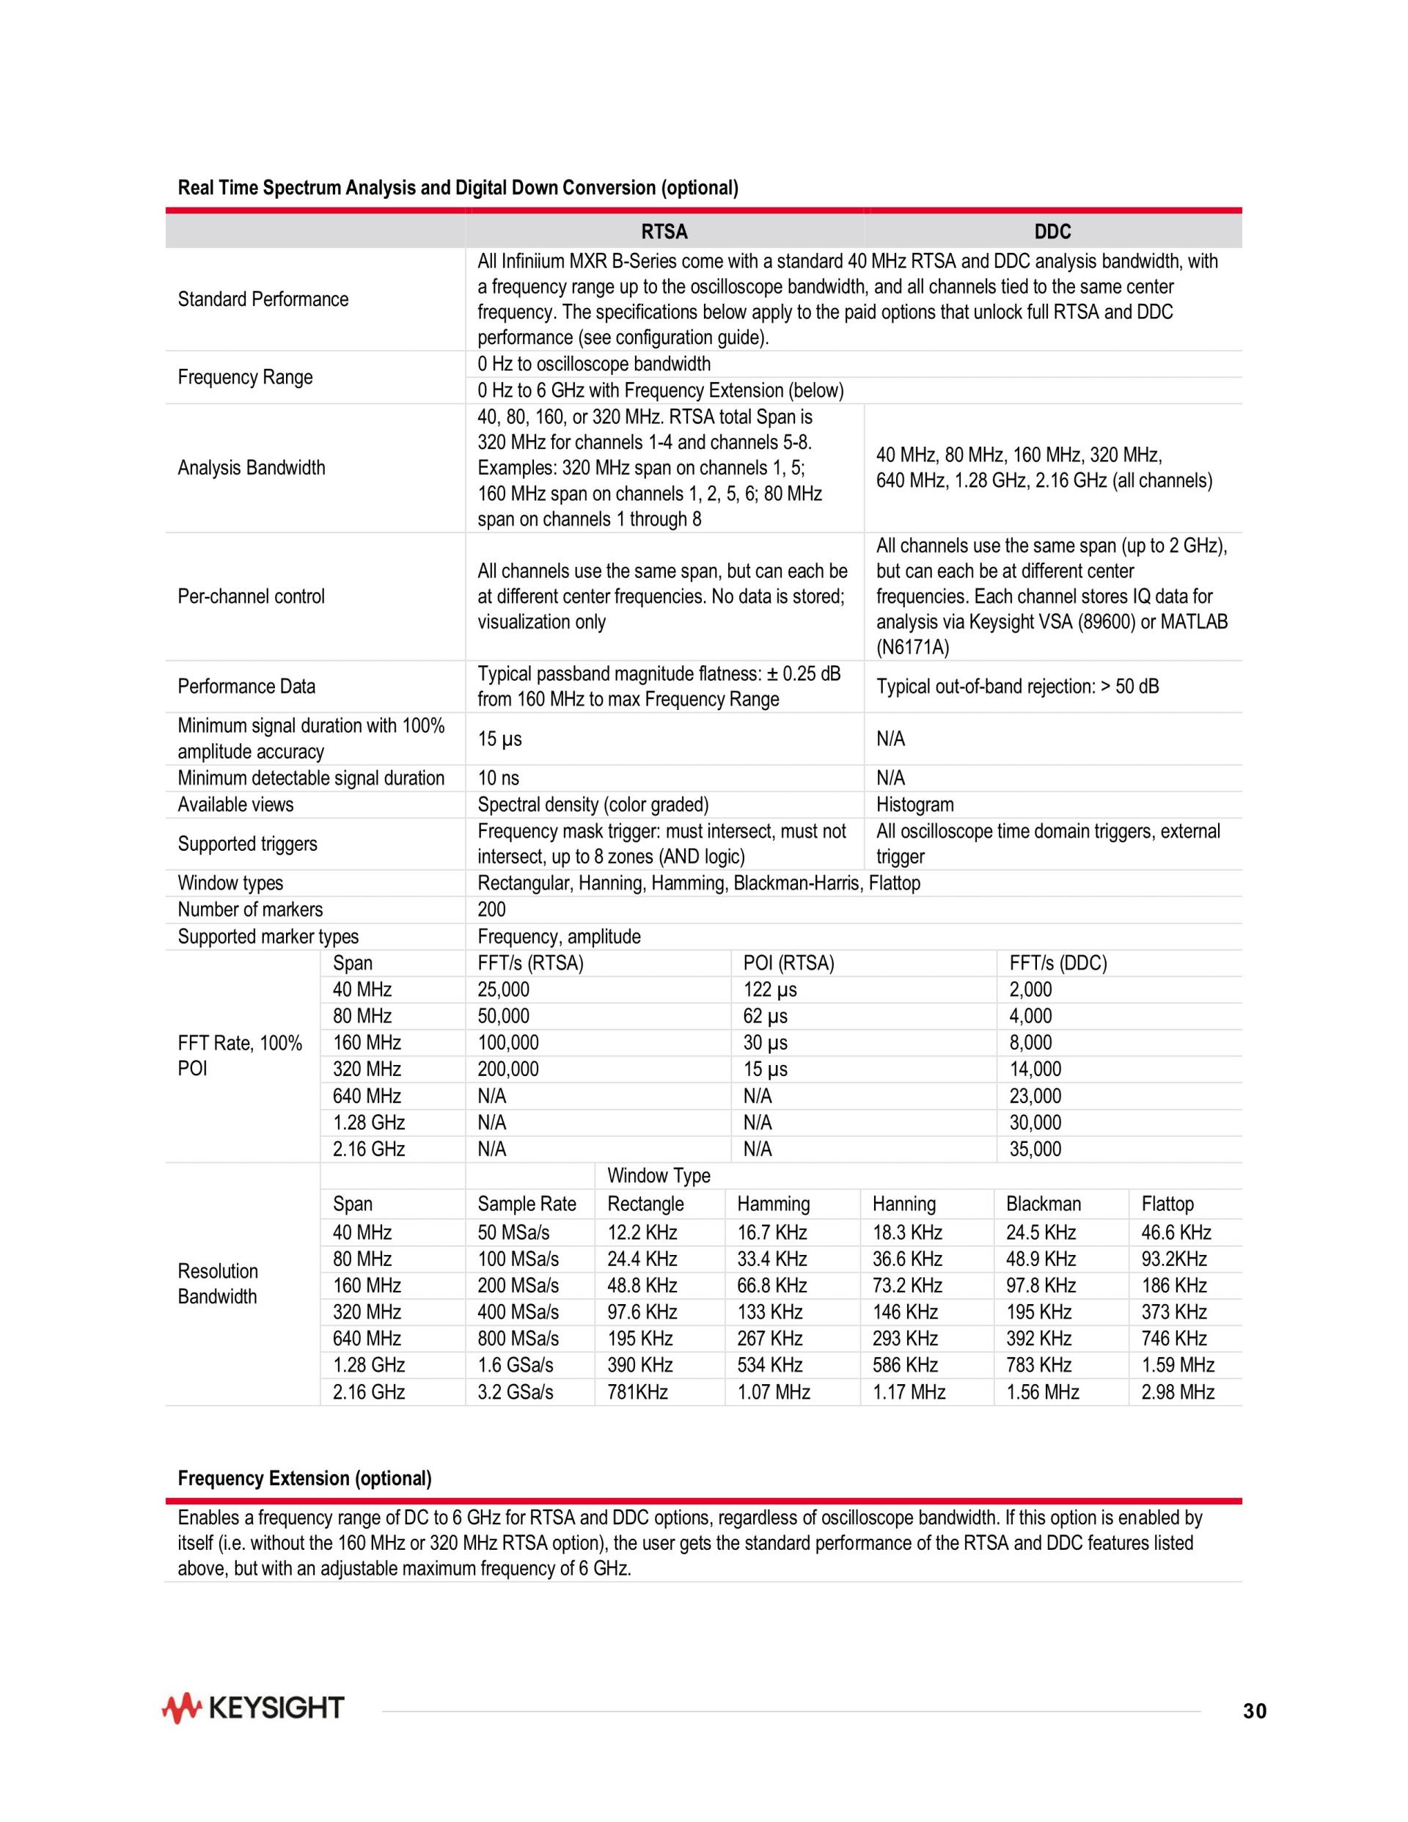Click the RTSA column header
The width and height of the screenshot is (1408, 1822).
click(x=664, y=231)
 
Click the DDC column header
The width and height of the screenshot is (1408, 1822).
click(x=1052, y=231)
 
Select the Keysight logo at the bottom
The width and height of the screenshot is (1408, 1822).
click(x=253, y=1708)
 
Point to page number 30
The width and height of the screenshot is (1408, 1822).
click(x=1254, y=1711)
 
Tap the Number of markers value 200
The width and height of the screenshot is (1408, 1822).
click(x=491, y=910)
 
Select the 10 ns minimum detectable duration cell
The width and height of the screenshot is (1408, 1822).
click(x=498, y=778)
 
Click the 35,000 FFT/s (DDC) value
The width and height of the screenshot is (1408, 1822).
click(x=1035, y=1149)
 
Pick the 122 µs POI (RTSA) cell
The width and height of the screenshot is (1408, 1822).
click(x=770, y=989)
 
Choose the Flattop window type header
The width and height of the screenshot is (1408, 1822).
click(x=1167, y=1204)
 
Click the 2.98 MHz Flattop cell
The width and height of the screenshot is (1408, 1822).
click(x=1177, y=1391)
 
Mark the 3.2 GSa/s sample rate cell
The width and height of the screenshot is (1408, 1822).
click(x=515, y=1391)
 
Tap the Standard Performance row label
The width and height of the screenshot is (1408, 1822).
click(x=263, y=299)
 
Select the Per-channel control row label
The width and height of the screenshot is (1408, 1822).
click(x=251, y=596)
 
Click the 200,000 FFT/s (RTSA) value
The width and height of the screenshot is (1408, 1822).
click(x=508, y=1069)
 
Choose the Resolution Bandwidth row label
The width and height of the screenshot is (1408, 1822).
click(x=218, y=1284)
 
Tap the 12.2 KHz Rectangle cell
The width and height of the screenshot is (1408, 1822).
click(x=642, y=1232)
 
